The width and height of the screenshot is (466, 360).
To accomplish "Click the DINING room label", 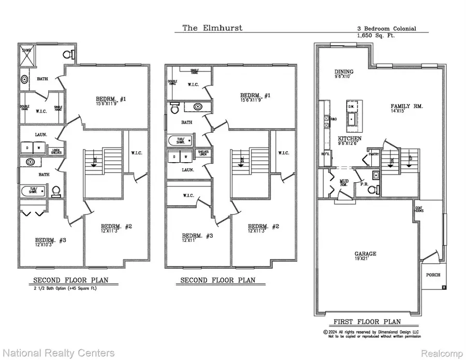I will click(x=344, y=72).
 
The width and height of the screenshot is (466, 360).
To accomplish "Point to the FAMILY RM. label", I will click(x=406, y=106).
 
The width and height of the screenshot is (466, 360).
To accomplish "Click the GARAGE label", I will click(x=366, y=254).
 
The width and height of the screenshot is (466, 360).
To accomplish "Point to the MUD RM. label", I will click(x=343, y=183).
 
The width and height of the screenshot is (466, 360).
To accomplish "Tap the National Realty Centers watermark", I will click(x=57, y=353).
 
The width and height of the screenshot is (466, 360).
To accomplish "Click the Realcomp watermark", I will click(x=439, y=353).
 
